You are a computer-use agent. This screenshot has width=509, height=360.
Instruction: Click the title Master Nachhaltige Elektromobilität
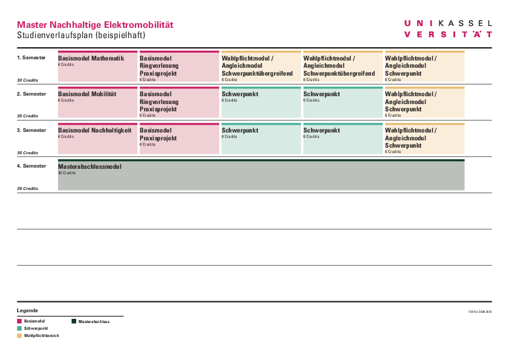coord(95,25)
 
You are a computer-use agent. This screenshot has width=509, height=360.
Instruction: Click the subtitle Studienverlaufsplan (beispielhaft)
coord(81,36)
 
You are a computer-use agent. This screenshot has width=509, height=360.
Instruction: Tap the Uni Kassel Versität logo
coord(448,28)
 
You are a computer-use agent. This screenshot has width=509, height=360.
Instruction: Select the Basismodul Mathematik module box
coord(97,67)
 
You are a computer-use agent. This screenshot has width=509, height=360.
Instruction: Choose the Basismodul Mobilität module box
coord(97,103)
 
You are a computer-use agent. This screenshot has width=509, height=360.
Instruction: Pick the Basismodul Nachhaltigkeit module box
coord(97,139)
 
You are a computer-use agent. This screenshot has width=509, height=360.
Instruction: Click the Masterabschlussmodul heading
coord(89,166)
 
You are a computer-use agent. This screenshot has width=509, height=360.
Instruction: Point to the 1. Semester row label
coord(31,57)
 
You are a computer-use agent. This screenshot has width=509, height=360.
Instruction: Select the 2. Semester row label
coord(31,94)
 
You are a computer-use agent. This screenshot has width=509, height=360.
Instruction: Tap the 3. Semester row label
coord(31,130)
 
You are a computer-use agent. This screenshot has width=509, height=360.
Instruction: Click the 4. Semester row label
coord(31,166)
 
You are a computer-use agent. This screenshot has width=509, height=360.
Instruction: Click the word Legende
coord(27,310)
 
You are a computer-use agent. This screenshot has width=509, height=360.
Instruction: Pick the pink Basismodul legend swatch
coord(19,321)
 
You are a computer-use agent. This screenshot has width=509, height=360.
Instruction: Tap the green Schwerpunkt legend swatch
coord(19,328)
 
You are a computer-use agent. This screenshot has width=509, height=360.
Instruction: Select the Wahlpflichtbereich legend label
coord(41,335)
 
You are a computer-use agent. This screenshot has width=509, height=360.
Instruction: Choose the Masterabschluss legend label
coord(94,321)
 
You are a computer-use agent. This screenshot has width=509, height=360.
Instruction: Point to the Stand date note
coord(480,312)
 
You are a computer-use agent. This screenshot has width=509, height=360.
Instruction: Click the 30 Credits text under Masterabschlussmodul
coord(66,173)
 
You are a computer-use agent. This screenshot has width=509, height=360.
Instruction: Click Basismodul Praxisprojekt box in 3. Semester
coord(179,139)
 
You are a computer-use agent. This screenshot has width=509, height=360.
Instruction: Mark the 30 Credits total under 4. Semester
coord(27,188)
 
